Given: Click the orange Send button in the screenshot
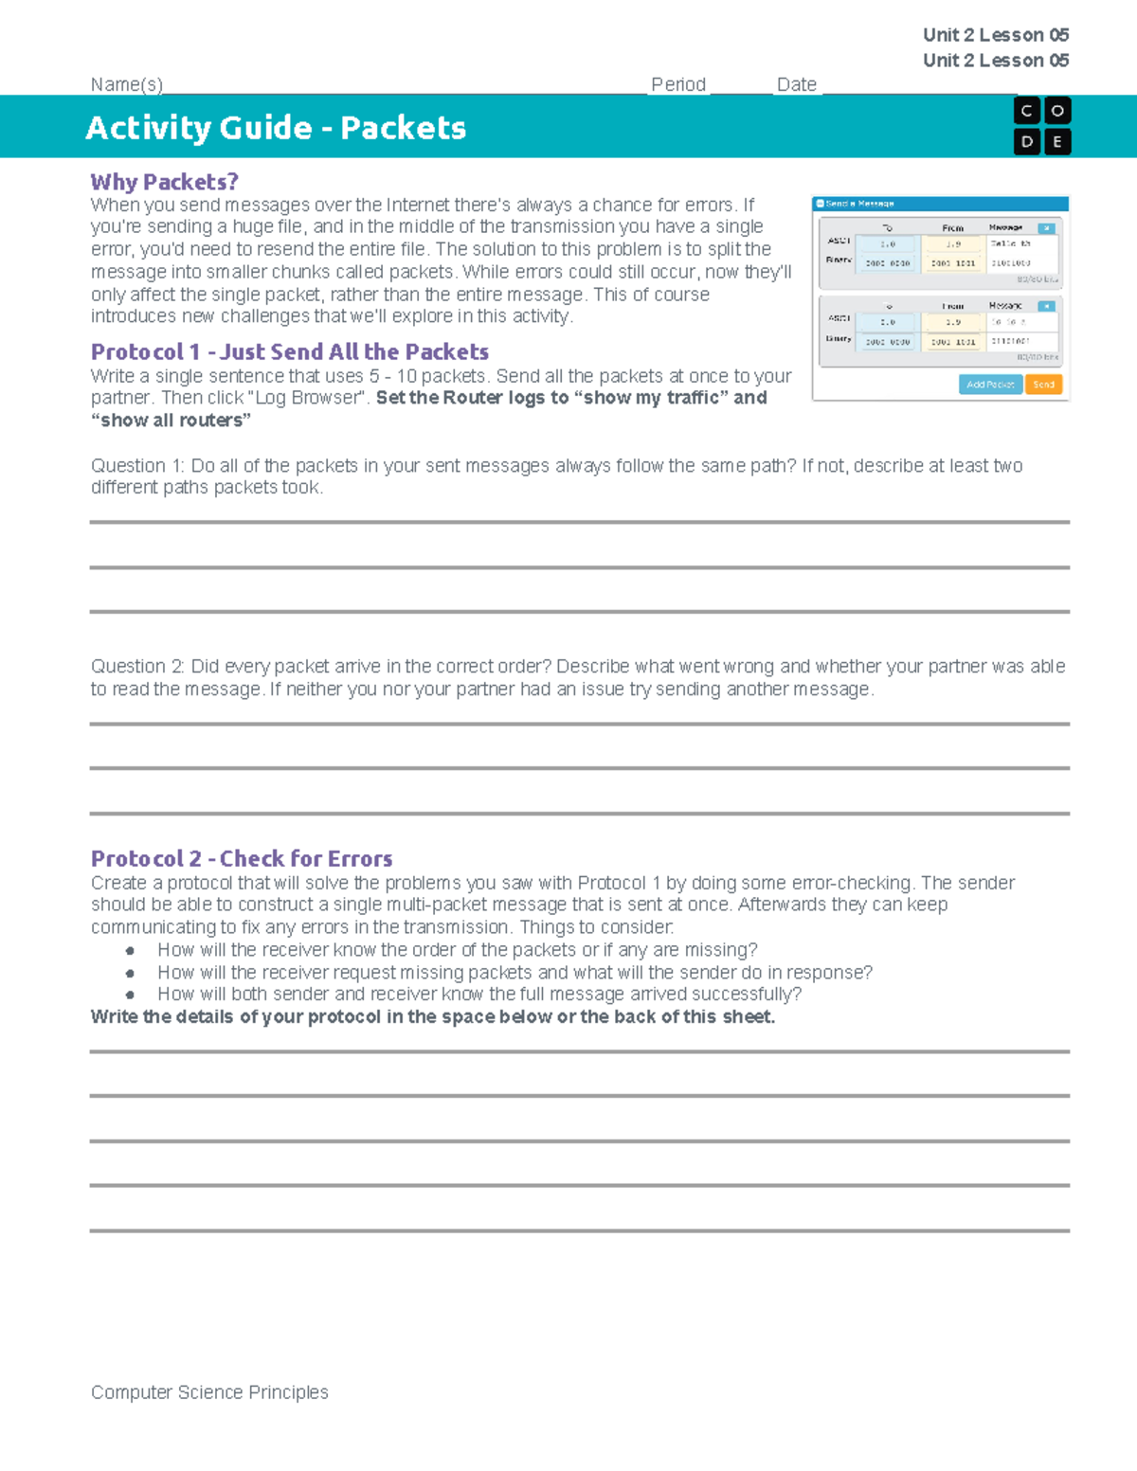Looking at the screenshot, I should point(1043,385).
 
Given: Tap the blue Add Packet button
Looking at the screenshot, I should point(990,385).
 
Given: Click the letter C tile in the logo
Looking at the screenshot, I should point(1027,112).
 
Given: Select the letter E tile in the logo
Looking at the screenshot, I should point(1057,142).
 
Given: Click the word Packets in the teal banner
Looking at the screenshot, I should point(403,128).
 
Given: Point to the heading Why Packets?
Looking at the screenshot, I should point(164,182).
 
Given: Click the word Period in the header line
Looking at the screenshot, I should point(678,84).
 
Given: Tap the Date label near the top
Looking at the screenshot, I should point(796,84).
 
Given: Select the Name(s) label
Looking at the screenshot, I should point(127,84).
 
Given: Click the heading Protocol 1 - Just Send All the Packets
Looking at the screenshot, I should point(289,352).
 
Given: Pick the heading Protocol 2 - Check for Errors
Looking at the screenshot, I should point(242,859).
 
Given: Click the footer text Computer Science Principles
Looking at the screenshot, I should point(209,1392).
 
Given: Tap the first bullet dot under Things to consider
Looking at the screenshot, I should point(130,950).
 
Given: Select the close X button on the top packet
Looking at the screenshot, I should point(1046,228).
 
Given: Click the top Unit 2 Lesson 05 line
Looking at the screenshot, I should point(996,35).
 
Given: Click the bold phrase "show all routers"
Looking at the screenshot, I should point(171,421).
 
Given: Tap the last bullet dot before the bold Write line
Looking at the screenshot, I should point(130,995).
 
